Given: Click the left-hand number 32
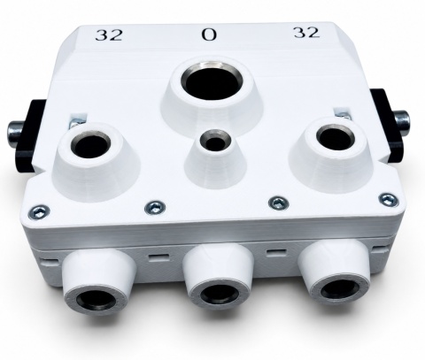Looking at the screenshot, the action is click(x=109, y=34).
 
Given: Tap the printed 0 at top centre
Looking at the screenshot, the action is click(x=209, y=34).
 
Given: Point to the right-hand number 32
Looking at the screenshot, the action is click(x=306, y=33).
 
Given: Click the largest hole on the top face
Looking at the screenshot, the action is click(x=212, y=83).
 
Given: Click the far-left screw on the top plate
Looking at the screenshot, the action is click(x=40, y=211).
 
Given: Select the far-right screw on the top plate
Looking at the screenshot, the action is click(x=388, y=200).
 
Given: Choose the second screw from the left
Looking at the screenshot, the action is click(x=155, y=207).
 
